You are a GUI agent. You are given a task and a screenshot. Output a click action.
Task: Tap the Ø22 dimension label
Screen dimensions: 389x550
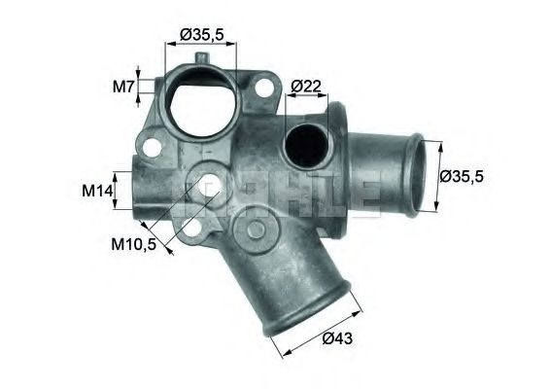307,88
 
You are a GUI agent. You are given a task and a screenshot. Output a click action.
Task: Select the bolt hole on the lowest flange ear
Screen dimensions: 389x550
192,230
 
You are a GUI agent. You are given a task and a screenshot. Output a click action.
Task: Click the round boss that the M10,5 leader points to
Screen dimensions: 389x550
207,181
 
